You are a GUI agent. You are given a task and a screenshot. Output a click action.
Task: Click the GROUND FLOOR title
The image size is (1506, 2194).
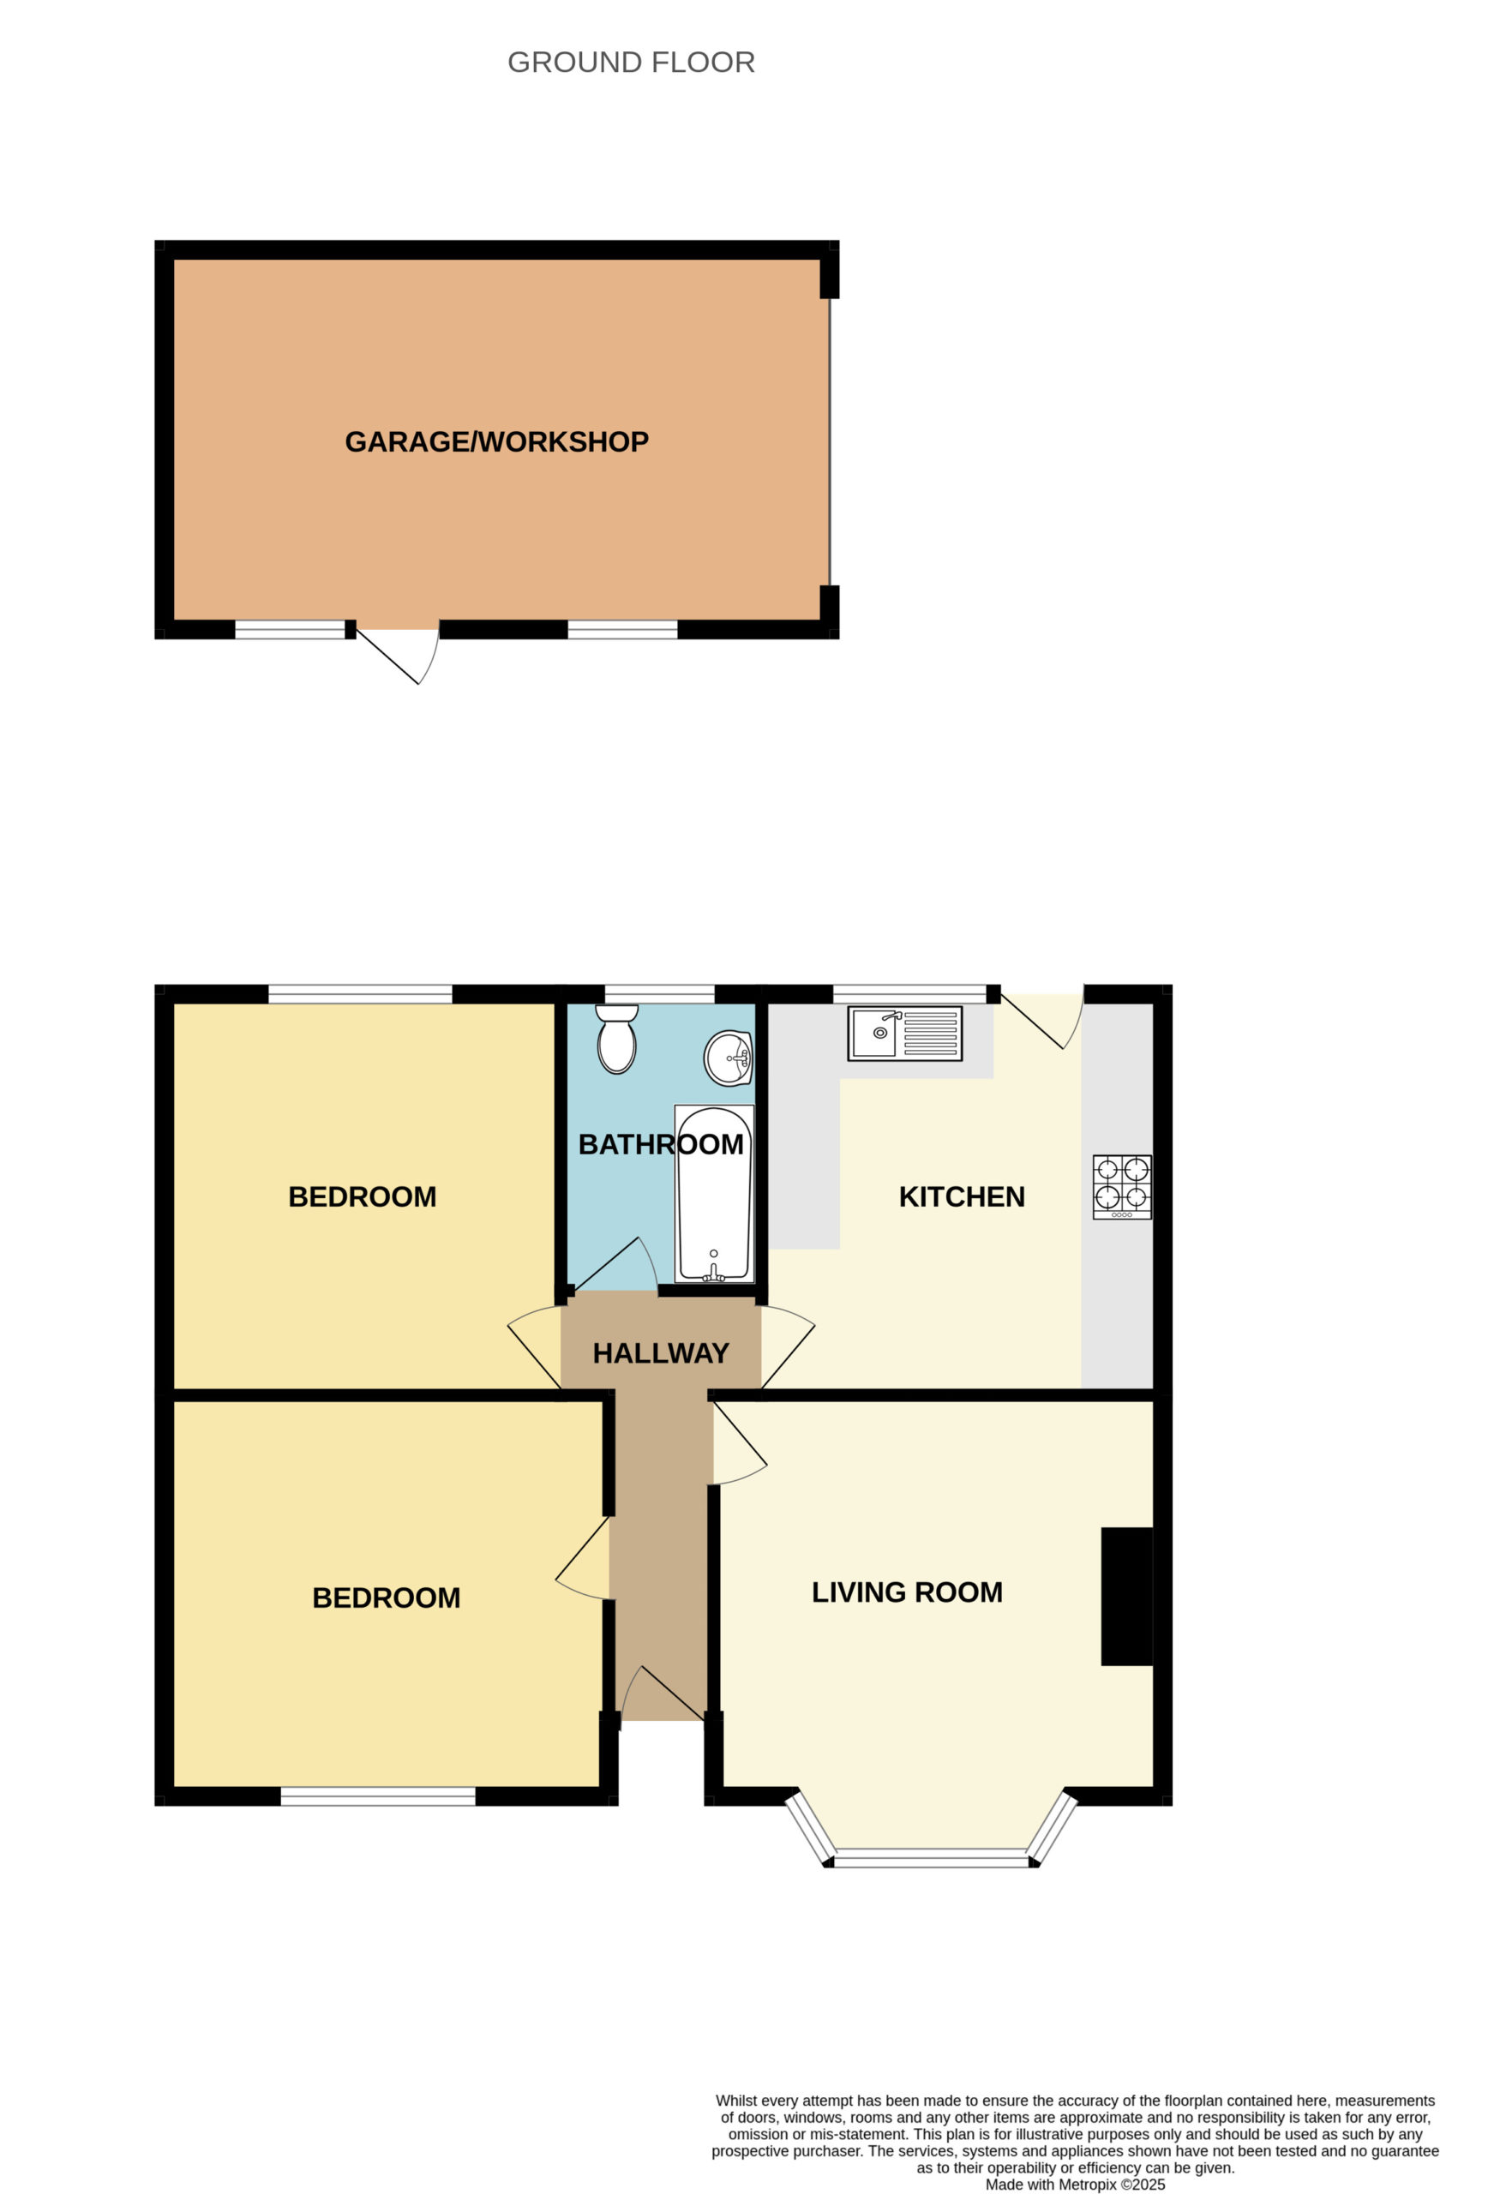(631, 63)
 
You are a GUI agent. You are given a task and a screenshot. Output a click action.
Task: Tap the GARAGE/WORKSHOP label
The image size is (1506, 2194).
(496, 442)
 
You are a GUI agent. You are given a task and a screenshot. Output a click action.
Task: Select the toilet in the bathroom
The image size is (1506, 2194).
(616, 1039)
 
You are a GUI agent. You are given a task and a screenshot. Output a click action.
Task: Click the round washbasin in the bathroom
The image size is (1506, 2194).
(728, 1058)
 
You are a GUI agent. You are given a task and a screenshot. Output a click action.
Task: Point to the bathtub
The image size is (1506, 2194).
(714, 1193)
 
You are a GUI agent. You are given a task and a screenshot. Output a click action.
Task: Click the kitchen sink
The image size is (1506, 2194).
(904, 1033)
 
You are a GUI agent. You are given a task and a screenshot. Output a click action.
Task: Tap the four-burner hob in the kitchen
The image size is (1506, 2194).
(1122, 1187)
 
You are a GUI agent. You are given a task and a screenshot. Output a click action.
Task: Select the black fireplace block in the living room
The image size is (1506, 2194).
(1127, 1597)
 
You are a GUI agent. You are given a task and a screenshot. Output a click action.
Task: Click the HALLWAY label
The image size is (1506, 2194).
(661, 1354)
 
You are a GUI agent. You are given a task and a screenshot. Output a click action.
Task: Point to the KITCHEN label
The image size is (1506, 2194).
(961, 1197)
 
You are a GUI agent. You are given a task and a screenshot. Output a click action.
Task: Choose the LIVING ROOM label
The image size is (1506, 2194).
(907, 1592)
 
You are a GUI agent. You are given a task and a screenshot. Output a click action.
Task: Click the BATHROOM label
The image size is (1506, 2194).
(661, 1144)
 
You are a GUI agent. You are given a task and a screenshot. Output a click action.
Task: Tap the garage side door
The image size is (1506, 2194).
(398, 655)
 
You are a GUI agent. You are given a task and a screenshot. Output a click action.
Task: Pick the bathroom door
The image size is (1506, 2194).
(614, 1264)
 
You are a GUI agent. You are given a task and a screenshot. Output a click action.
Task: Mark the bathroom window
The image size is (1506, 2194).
(659, 993)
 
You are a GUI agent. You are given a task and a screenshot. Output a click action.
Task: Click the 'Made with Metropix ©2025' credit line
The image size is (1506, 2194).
(1076, 2185)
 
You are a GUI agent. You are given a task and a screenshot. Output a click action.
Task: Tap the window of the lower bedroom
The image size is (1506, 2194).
(378, 1796)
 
